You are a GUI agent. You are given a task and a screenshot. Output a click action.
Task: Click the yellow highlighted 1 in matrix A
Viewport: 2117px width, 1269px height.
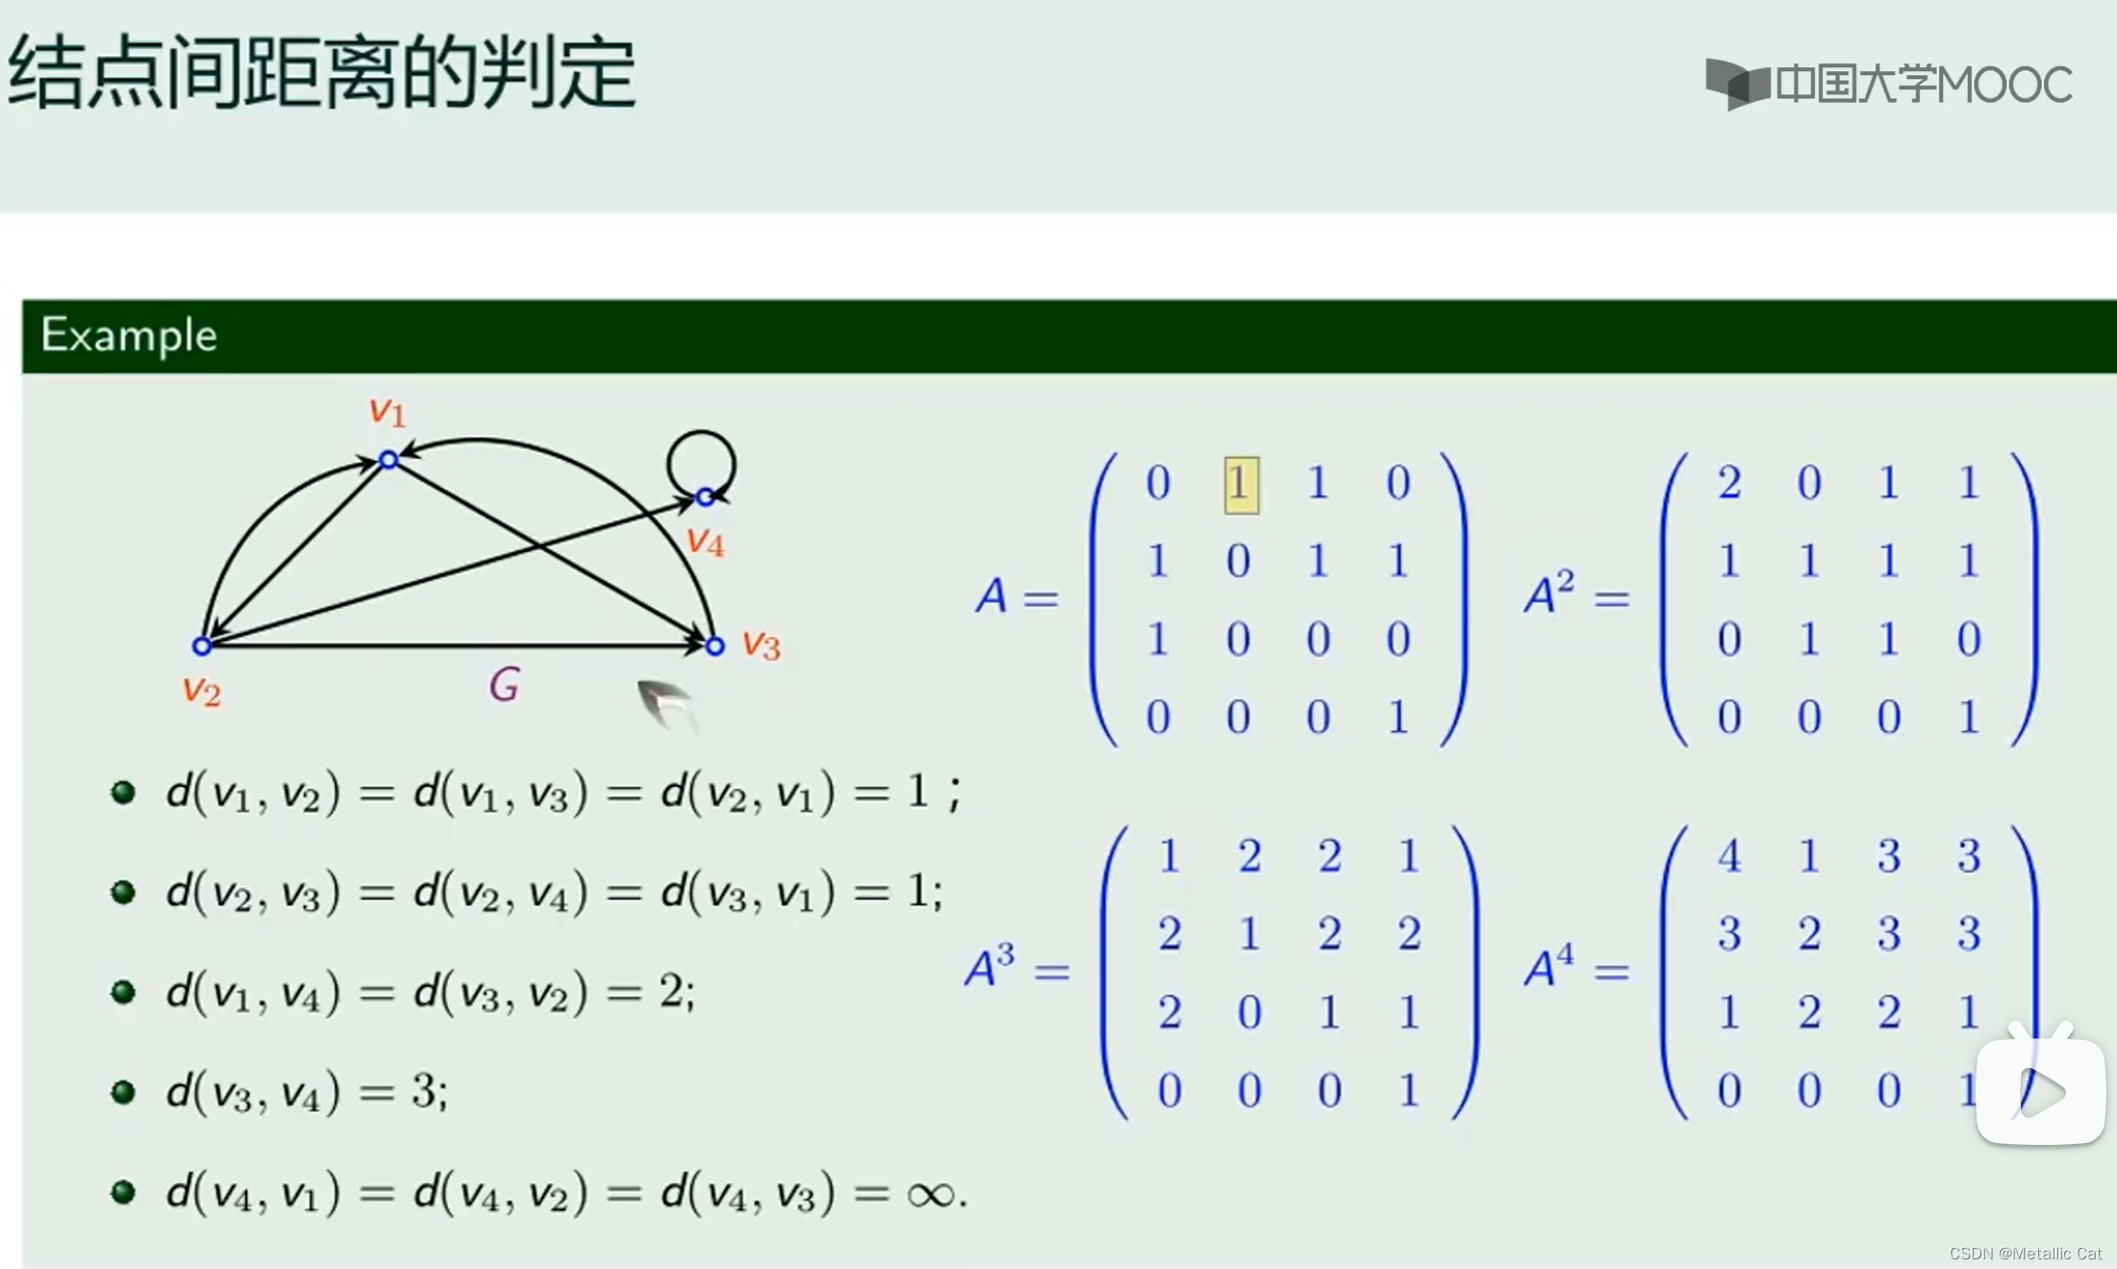(1241, 485)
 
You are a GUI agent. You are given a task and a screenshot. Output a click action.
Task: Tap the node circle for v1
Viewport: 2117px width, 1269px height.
(389, 460)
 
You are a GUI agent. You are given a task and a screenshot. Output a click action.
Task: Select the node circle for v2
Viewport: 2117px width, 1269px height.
(202, 646)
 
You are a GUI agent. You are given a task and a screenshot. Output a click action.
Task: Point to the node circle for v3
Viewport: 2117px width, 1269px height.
(715, 646)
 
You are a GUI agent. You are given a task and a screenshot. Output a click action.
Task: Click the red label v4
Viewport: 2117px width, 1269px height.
(706, 543)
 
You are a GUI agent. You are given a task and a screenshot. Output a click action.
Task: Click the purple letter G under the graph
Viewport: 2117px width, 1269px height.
(504, 685)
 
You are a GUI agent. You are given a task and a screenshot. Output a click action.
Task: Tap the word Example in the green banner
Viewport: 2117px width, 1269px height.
(129, 336)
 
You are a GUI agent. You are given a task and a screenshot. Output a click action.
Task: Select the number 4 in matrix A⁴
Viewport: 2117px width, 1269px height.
(1728, 855)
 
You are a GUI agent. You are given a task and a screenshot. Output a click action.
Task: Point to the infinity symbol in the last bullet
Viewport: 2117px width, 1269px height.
(930, 1195)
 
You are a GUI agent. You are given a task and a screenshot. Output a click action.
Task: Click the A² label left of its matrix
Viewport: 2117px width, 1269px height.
(1550, 593)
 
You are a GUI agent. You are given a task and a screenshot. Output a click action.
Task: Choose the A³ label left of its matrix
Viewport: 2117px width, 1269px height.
(990, 966)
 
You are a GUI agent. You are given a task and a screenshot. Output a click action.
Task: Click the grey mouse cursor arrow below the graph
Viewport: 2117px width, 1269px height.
(666, 703)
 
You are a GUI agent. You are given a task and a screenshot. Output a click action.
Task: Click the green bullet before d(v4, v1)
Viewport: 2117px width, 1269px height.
(123, 1193)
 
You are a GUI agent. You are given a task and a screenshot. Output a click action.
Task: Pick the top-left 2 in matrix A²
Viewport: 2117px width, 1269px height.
(1728, 482)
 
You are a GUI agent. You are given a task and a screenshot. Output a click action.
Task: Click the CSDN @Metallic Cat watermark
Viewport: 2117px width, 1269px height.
(2025, 1254)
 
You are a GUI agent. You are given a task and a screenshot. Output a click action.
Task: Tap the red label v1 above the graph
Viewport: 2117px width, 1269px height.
(388, 412)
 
